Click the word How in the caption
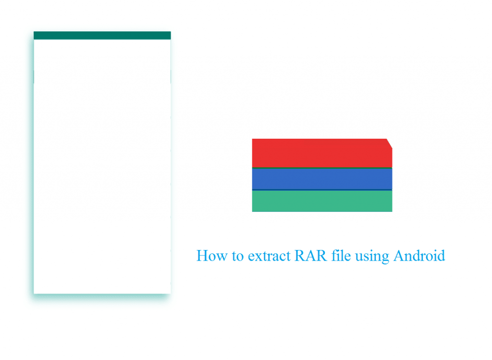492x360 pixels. tap(212, 255)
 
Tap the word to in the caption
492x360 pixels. tap(238, 256)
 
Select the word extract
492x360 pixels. tap(269, 256)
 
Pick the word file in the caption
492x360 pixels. tap(341, 255)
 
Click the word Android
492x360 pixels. tap(419, 255)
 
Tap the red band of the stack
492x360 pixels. tap(322, 153)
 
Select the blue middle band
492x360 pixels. tap(322, 179)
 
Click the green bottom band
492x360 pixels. tap(322, 201)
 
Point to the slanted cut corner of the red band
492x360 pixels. tap(389, 144)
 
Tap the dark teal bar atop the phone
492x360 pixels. tap(102, 36)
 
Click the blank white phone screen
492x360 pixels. tap(102, 167)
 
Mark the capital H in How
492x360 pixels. tap(203, 255)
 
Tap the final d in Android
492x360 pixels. tap(440, 255)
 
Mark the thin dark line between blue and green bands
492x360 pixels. tap(322, 190)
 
